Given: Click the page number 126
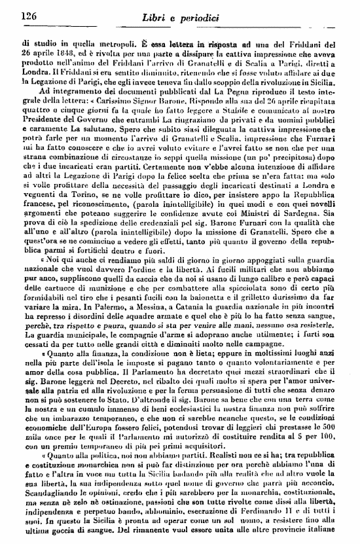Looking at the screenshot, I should point(28,15).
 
